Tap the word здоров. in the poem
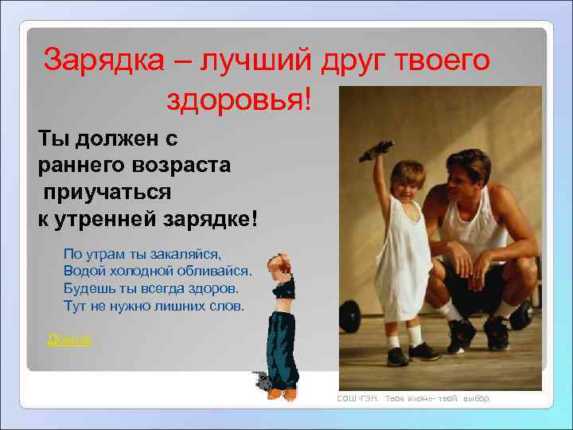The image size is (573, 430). pyautogui.click(x=225, y=289)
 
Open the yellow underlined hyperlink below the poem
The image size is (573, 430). pyautogui.click(x=70, y=340)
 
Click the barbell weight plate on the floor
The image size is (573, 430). pyautogui.click(x=521, y=315)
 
